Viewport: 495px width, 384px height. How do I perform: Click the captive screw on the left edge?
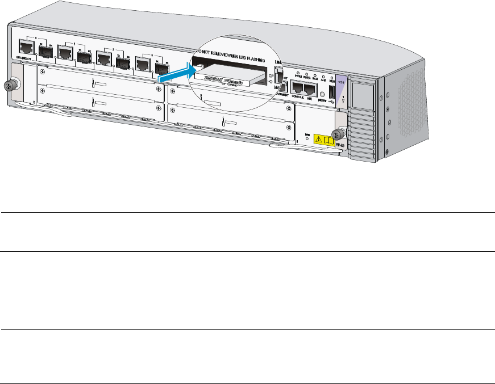click(9, 86)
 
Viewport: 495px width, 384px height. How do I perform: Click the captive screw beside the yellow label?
click(338, 134)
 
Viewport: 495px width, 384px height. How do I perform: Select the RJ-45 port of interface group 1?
click(64, 53)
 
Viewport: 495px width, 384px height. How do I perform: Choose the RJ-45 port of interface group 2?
click(104, 57)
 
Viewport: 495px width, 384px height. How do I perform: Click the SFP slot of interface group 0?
click(45, 50)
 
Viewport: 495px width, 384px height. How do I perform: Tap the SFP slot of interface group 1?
click(84, 56)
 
